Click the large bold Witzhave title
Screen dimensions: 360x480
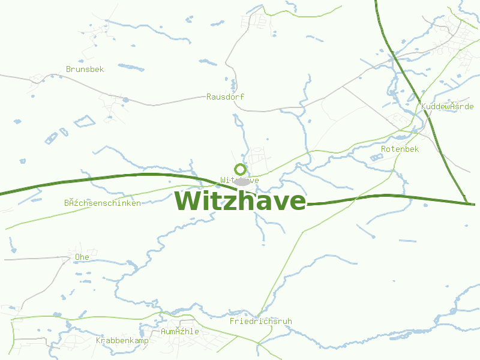pos(240,201)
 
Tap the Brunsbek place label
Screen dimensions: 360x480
pos(85,69)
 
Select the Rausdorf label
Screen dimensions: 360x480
pos(225,97)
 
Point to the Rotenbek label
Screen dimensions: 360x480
pos(400,149)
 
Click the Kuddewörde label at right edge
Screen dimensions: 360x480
pos(448,106)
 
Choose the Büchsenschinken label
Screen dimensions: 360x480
pos(103,203)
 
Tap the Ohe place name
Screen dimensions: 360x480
pos(82,257)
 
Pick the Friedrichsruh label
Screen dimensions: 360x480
pos(260,321)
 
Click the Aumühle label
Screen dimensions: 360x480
pos(179,331)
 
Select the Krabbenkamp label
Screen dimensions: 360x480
pos(122,340)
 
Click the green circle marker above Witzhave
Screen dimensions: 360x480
pos(240,169)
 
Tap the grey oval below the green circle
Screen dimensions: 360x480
pos(241,181)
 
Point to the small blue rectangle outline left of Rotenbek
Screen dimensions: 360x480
pos(376,157)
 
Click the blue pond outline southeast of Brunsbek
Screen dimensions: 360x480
pos(85,122)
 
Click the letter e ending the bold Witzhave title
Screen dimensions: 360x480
pos(296,202)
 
